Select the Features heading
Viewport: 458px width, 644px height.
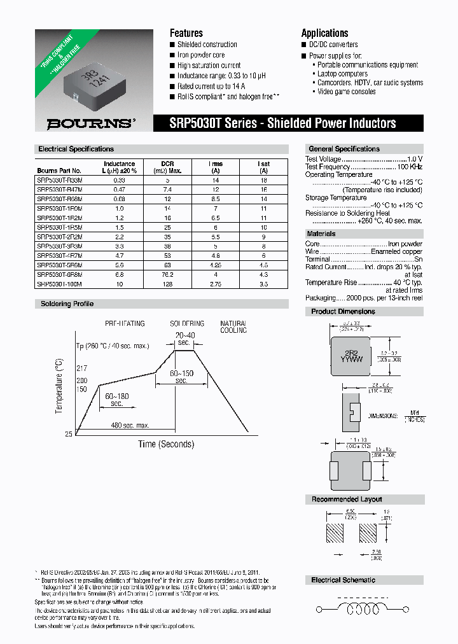pyautogui.click(x=186, y=33)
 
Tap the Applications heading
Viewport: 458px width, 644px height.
pyautogui.click(x=324, y=33)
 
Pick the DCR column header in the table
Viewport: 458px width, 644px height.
pyautogui.click(x=167, y=167)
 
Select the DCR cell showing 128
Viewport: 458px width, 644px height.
pyautogui.click(x=167, y=284)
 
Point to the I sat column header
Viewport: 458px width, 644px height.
pyautogui.click(x=263, y=167)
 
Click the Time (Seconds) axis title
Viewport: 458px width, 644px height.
pyautogui.click(x=166, y=444)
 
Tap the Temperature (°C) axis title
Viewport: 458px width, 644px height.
pyautogui.click(x=60, y=385)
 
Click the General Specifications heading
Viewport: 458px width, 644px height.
pyautogui.click(x=343, y=149)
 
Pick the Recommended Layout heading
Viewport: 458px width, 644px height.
pyautogui.click(x=346, y=500)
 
